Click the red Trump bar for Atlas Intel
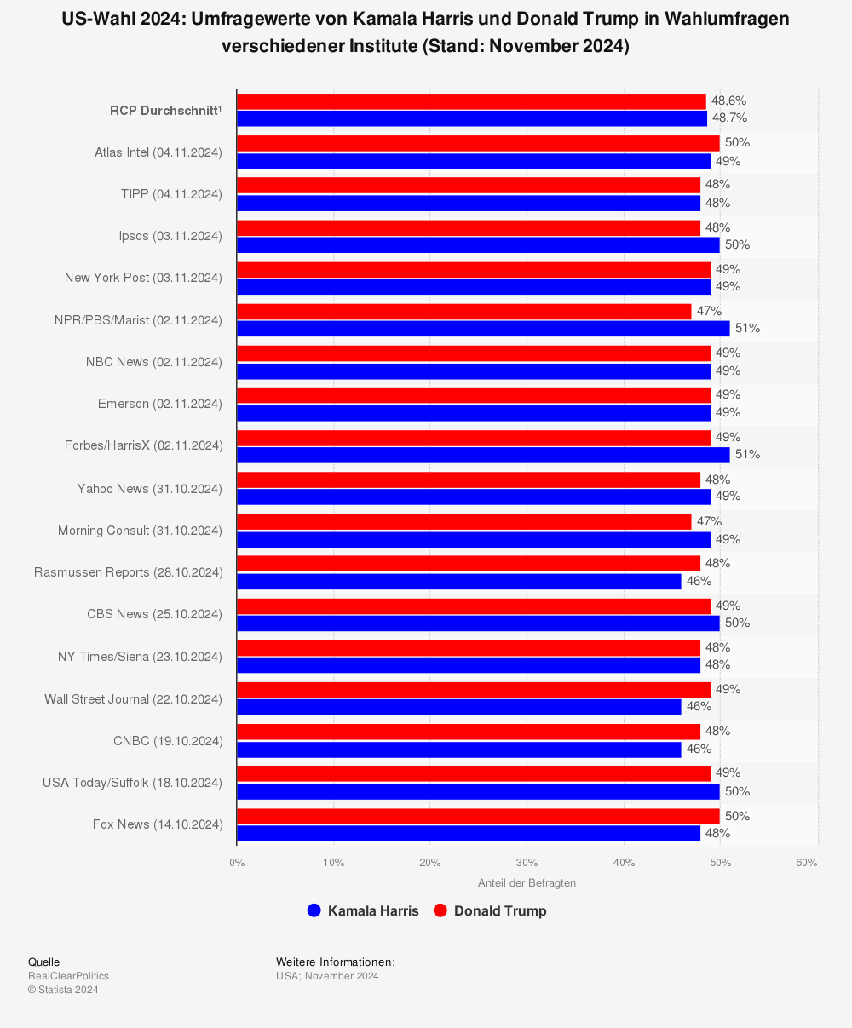tap(478, 143)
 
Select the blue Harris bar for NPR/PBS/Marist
tap(483, 329)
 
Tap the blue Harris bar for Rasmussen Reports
tap(459, 582)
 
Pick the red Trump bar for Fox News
tap(478, 816)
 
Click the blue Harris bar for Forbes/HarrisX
tap(483, 455)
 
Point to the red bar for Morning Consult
tap(463, 522)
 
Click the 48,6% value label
tap(728, 101)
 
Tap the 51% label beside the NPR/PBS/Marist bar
tap(747, 329)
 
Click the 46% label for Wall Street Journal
tap(699, 707)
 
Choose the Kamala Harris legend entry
tap(363, 910)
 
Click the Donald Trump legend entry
tap(490, 910)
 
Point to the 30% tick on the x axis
tap(527, 863)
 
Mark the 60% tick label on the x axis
tap(806, 863)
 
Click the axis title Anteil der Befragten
tap(527, 883)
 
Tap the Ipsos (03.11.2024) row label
tap(170, 236)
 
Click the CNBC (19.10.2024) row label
tap(168, 741)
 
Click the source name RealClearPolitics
tap(68, 976)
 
